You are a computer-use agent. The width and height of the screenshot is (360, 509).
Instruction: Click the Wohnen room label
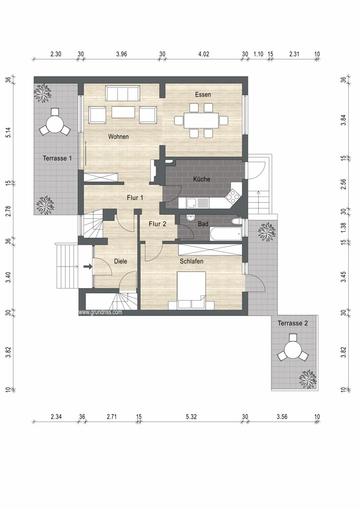pyautogui.click(x=119, y=136)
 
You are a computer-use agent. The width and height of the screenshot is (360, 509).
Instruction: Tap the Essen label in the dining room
pyautogui.click(x=203, y=95)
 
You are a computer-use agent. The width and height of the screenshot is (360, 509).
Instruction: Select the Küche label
pyautogui.click(x=202, y=179)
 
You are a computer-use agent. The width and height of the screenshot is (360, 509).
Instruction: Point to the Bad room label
pyautogui.click(x=203, y=223)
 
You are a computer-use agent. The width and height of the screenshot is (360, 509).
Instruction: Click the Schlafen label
pyautogui.click(x=191, y=261)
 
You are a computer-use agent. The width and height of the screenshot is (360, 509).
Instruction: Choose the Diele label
pyautogui.click(x=121, y=261)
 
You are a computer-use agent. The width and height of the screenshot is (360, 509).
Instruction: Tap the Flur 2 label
pyautogui.click(x=157, y=223)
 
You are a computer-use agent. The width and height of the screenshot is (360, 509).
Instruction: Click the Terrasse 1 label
pyautogui.click(x=58, y=158)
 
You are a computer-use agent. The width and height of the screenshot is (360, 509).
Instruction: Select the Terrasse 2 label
pyautogui.click(x=293, y=323)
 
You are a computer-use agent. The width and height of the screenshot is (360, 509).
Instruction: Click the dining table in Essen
pyautogui.click(x=201, y=121)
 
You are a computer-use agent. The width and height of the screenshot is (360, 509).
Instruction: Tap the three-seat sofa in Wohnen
pyautogui.click(x=123, y=94)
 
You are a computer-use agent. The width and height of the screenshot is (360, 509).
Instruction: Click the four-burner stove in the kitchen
pyautogui.click(x=233, y=196)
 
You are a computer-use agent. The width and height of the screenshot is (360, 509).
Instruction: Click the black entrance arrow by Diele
pyautogui.click(x=88, y=267)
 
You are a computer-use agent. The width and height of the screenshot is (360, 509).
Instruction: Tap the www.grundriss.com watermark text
pyautogui.click(x=101, y=313)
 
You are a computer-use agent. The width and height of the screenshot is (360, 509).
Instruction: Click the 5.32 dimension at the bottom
pyautogui.click(x=191, y=417)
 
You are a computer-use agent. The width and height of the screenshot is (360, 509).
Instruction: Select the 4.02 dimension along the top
pyautogui.click(x=204, y=54)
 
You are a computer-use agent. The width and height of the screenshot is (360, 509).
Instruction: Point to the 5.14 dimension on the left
pyautogui.click(x=9, y=132)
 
